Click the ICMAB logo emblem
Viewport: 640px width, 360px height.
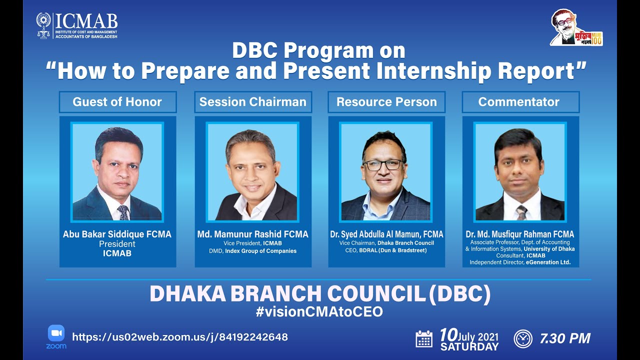pyautogui.click(x=43, y=25)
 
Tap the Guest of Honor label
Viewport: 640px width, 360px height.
pyautogui.click(x=117, y=102)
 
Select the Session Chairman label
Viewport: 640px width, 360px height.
pyautogui.click(x=252, y=102)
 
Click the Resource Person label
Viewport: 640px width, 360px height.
pyautogui.click(x=386, y=102)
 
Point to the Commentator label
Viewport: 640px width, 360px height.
pyautogui.click(x=518, y=102)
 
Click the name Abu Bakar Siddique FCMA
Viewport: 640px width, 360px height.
pyautogui.click(x=117, y=234)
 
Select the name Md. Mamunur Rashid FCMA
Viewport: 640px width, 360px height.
pyautogui.click(x=252, y=234)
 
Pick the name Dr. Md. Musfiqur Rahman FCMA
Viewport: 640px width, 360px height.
pyautogui.click(x=520, y=234)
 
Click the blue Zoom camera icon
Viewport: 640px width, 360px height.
pyautogui.click(x=56, y=333)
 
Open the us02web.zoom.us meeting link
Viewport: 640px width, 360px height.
pyautogui.click(x=180, y=337)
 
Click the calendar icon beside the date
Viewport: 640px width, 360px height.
pyautogui.click(x=424, y=339)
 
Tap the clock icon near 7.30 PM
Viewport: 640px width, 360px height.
pyautogui.click(x=523, y=339)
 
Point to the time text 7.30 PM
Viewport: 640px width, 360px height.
pyautogui.click(x=565, y=338)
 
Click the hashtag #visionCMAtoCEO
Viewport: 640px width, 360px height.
pyautogui.click(x=319, y=312)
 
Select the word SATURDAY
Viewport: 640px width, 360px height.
pyautogui.click(x=469, y=346)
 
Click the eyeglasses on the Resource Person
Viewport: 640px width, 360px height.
pyautogui.click(x=382, y=165)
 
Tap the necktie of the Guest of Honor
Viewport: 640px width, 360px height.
pyautogui.click(x=122, y=212)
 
